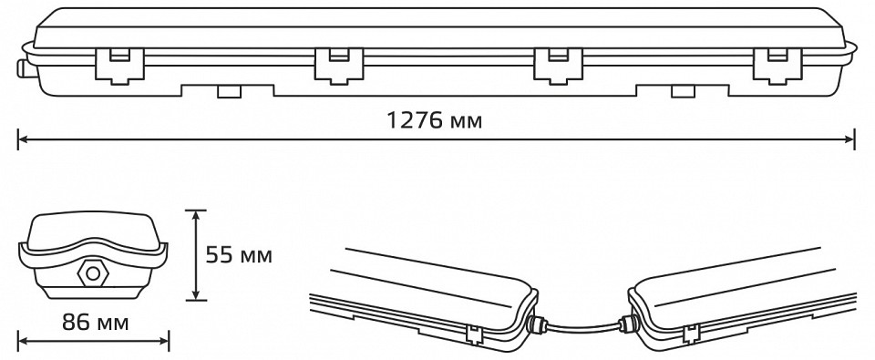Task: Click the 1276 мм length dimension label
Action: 435,120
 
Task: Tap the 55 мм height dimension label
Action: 239,255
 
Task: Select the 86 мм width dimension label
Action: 95,323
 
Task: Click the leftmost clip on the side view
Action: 119,66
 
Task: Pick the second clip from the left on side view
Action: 339,66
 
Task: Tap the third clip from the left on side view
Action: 558,66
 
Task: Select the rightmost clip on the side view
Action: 777,66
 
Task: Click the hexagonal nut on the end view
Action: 93,273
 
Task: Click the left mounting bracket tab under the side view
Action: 228,91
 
